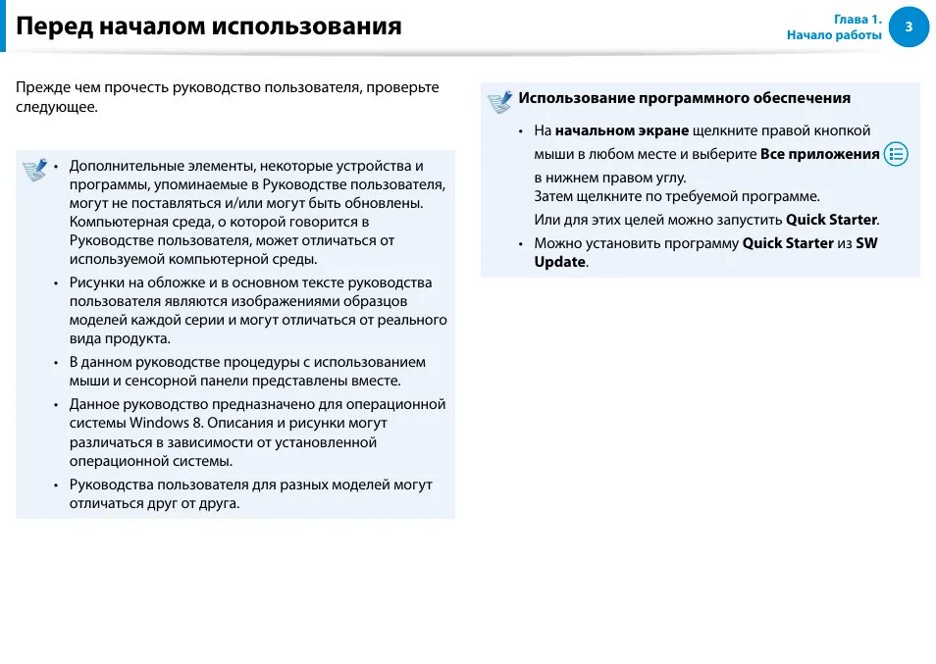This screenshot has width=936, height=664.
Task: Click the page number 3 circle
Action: click(909, 26)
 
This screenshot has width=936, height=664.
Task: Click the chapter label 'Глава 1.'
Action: click(858, 19)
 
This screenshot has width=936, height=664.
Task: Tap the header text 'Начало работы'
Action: click(834, 35)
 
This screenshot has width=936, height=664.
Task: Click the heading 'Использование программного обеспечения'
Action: click(684, 98)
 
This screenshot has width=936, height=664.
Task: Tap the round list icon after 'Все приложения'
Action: click(896, 154)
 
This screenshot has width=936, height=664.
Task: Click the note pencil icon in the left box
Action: click(35, 170)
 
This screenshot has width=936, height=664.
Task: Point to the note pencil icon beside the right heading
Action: click(499, 101)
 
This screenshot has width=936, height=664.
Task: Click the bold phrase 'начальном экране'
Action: click(622, 130)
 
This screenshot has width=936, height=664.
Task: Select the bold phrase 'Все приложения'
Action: click(820, 154)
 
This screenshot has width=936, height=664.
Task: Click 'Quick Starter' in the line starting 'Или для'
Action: click(831, 220)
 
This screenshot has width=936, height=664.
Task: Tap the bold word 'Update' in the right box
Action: click(559, 262)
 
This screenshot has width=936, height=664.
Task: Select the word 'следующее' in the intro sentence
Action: click(55, 106)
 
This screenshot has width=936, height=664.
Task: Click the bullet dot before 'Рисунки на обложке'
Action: click(56, 283)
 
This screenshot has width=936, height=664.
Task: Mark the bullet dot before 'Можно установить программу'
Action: click(521, 243)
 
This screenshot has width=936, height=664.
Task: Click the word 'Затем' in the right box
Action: click(553, 196)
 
